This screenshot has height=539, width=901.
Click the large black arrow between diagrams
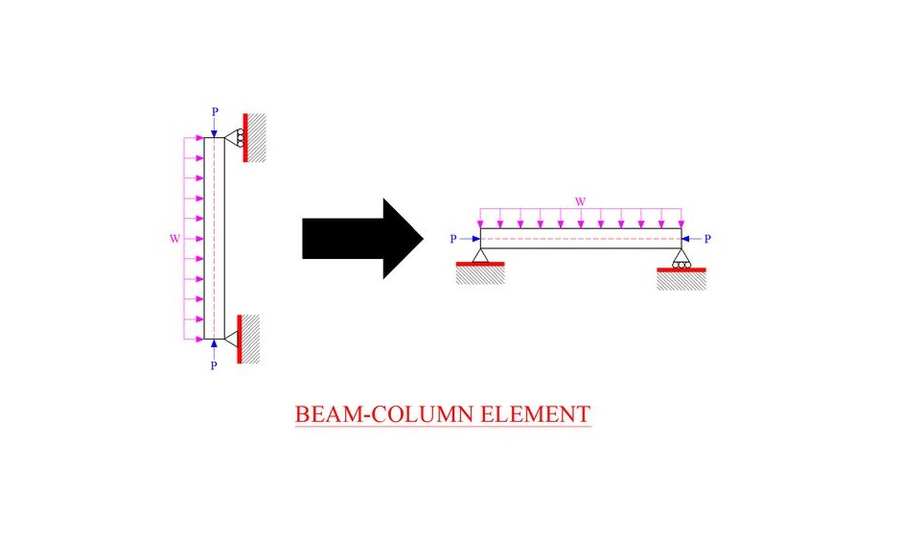tap(362, 239)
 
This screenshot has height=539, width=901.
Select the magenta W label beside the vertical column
tap(174, 239)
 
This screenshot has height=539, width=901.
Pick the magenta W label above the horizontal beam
tap(580, 202)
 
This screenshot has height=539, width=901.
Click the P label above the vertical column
tap(215, 111)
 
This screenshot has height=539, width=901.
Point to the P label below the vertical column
tap(214, 365)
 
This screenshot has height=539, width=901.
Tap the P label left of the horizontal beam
tap(453, 239)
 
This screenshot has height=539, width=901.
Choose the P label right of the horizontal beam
tap(707, 239)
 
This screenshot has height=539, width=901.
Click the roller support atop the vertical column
tap(235, 137)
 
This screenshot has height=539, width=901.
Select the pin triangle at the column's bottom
tap(231, 340)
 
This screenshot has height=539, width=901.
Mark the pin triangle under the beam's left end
tap(480, 255)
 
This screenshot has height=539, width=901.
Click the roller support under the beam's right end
tap(682, 258)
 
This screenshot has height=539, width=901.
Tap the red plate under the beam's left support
tap(480, 264)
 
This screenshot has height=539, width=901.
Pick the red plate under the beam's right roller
tap(682, 269)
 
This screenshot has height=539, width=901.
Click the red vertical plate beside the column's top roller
tap(245, 137)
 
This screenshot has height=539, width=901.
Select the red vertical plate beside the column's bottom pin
tap(240, 339)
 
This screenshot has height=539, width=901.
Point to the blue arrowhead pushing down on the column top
tap(214, 133)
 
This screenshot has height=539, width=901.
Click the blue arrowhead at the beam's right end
tap(685, 239)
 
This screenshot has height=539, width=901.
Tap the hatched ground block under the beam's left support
tap(480, 275)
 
